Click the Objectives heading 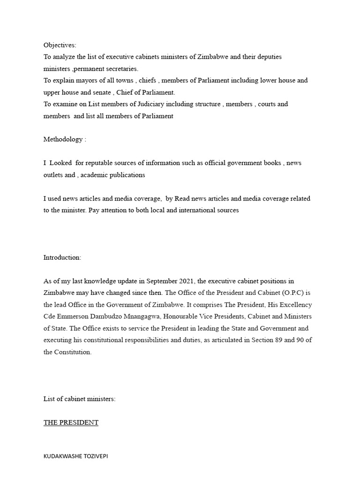(60, 45)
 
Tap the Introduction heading (62, 257)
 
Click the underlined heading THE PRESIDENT (71, 422)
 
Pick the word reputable (104, 163)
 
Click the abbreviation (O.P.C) (286, 293)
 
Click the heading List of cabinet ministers (80, 399)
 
